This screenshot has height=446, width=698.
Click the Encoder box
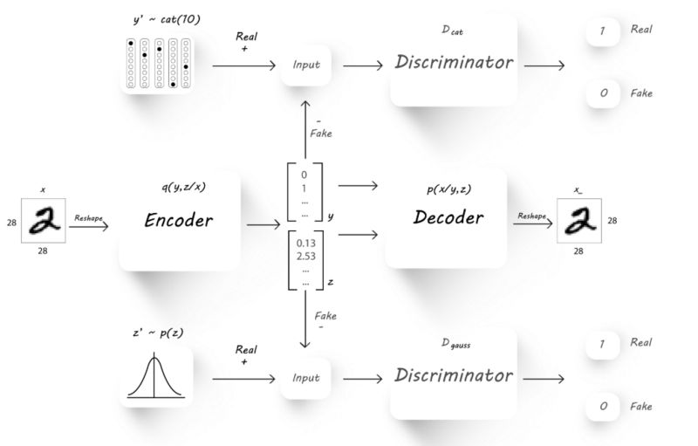[x=178, y=220]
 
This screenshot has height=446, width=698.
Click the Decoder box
[x=446, y=218]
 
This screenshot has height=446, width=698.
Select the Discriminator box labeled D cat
[x=454, y=62]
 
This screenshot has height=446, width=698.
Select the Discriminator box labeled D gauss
[x=454, y=375]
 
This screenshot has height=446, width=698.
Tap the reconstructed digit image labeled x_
[x=578, y=220]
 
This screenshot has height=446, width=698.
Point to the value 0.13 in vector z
[x=306, y=242]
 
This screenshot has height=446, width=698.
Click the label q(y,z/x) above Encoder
[x=183, y=185]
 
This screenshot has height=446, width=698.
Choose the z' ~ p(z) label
[x=158, y=333]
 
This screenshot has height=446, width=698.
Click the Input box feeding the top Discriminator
[x=306, y=64]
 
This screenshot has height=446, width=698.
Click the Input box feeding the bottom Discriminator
[x=306, y=378]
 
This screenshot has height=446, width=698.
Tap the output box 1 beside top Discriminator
[x=602, y=30]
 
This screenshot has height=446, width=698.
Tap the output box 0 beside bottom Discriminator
[x=602, y=407]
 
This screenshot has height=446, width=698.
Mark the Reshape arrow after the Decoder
[x=532, y=224]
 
